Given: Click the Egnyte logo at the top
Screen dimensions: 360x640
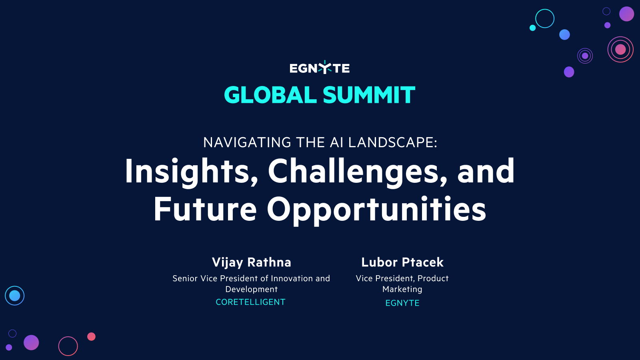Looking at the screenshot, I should (320, 68).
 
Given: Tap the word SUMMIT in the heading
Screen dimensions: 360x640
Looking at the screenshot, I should (369, 95).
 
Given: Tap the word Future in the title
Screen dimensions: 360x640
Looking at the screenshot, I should (205, 209).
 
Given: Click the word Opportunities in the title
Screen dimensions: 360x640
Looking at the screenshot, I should (376, 209).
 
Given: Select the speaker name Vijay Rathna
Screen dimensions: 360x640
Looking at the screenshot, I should (252, 262).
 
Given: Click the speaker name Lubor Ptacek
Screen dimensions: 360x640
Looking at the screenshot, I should (402, 262).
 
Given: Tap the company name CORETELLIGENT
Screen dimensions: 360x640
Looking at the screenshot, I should (251, 302).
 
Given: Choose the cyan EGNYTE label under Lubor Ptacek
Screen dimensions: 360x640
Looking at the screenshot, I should (402, 303).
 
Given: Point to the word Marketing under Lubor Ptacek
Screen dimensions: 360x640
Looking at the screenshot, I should (402, 289).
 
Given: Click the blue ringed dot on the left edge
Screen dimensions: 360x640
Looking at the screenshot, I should (15, 296).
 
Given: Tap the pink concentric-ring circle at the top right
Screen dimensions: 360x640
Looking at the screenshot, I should (620, 50).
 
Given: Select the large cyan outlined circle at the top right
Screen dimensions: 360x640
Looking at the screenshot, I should (545, 18).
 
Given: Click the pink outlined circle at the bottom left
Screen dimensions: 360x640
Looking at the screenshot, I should (68, 346).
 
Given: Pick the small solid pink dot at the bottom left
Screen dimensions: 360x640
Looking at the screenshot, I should (91, 336).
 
